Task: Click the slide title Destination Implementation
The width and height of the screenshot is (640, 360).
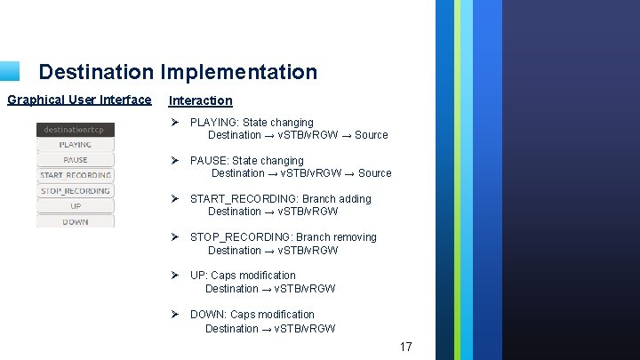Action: tap(178, 72)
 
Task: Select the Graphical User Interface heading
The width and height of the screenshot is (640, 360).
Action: tap(79, 100)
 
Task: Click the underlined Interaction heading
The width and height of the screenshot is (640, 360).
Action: tap(200, 100)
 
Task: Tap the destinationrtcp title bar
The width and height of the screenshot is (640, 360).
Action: tap(76, 130)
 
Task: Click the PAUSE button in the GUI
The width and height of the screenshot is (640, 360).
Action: tap(76, 160)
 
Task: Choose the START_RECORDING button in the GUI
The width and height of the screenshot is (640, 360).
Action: tap(76, 175)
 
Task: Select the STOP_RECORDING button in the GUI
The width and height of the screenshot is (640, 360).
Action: tap(76, 190)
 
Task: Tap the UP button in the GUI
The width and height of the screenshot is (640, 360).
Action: tap(76, 206)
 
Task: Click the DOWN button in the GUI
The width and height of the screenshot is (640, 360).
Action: tap(76, 221)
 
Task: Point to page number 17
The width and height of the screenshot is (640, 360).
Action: tap(405, 347)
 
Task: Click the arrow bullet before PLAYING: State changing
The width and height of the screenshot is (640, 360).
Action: tap(175, 123)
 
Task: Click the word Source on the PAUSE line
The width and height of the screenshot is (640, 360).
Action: tap(374, 173)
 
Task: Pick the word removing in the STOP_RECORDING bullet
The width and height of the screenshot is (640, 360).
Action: tap(355, 237)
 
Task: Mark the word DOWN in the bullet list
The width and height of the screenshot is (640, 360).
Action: tap(207, 315)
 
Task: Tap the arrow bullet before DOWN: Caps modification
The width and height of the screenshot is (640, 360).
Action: tap(175, 315)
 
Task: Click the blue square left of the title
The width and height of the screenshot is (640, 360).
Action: tap(9, 71)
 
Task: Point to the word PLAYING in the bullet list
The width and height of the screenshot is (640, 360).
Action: tap(213, 123)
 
